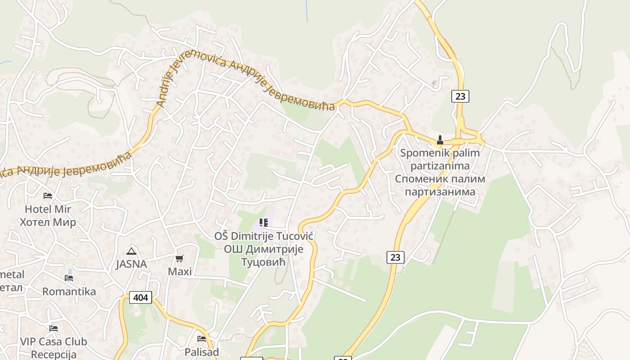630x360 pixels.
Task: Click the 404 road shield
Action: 140,297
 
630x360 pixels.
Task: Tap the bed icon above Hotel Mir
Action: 48,195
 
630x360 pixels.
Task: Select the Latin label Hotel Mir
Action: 48,209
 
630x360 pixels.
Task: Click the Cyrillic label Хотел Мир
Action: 48,222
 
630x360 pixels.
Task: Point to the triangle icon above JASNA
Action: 131,251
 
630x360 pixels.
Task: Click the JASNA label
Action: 131,264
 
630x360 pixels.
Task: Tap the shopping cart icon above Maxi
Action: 180,258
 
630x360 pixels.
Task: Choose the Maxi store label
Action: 180,271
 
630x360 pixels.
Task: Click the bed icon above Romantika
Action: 69,278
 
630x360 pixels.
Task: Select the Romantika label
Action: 69,292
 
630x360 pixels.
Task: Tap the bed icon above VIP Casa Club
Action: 54,328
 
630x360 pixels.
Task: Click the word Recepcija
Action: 54,355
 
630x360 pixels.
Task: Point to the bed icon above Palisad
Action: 202,338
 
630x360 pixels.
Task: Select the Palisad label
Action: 202,352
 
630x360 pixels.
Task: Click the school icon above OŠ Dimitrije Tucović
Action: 264,222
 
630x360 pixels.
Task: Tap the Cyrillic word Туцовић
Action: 264,262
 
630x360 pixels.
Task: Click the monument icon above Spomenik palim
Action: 440,140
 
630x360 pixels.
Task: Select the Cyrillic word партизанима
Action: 440,192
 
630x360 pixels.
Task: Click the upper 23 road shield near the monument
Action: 460,96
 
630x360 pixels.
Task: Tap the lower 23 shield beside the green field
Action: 395,257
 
